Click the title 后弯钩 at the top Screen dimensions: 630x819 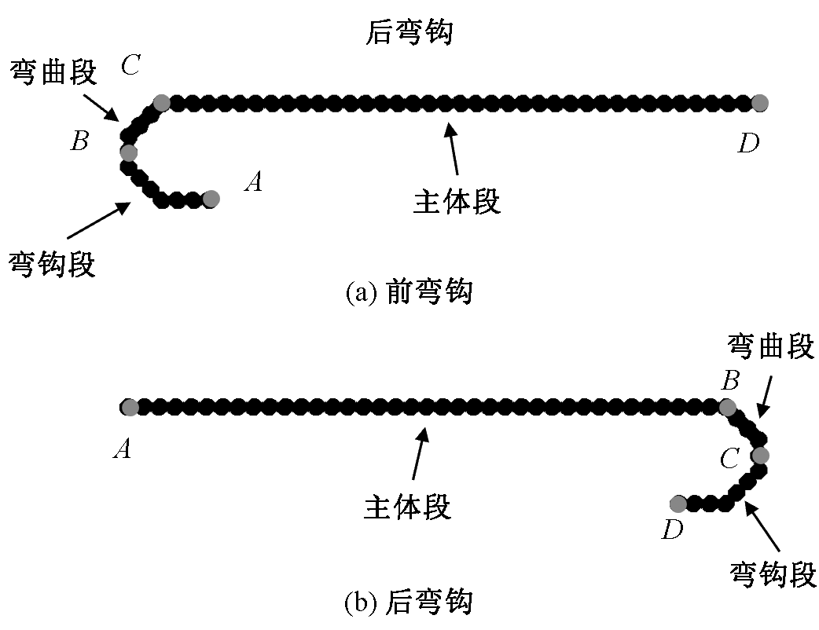pos(409,33)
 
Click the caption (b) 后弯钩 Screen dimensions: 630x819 pos(409,603)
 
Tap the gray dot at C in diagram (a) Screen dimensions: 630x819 pos(161,102)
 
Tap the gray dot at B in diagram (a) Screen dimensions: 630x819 pos(128,152)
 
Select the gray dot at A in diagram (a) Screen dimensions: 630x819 pos(210,199)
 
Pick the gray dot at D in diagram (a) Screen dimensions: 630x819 pos(759,102)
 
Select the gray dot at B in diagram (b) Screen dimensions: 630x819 pos(727,407)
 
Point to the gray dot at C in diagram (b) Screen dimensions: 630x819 pos(759,455)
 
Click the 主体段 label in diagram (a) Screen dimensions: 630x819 pos(457,202)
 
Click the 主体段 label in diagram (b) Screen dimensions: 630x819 pos(407,507)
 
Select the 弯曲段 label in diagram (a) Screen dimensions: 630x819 pos(53,72)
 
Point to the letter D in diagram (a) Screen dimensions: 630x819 pos(748,144)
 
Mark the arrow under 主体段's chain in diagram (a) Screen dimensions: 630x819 pos(453,149)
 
